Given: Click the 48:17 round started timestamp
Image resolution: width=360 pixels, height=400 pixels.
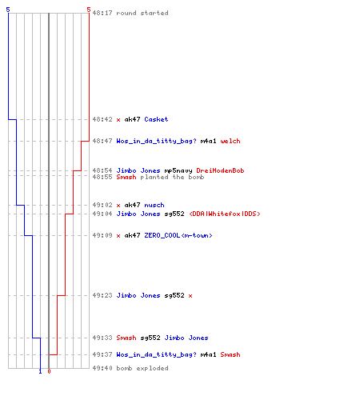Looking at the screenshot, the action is [x=102, y=13].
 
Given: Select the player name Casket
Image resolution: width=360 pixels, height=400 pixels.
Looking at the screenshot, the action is [x=156, y=119].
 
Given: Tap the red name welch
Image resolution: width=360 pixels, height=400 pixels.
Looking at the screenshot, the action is [x=230, y=141].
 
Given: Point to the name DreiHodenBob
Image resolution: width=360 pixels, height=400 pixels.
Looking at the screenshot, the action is [x=220, y=170].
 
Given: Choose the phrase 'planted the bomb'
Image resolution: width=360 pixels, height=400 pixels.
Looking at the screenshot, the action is [x=172, y=177].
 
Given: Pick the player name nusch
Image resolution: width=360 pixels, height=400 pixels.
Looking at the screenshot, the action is [x=154, y=205].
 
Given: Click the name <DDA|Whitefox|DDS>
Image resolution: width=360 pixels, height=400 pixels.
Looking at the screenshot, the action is [x=225, y=214].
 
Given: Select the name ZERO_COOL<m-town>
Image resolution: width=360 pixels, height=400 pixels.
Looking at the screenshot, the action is [x=178, y=235].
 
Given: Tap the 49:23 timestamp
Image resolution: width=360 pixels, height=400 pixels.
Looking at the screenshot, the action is [x=102, y=295].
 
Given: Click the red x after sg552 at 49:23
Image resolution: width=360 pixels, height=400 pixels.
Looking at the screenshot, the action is [x=190, y=296].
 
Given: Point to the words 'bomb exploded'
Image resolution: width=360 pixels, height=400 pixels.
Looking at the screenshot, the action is [x=142, y=368].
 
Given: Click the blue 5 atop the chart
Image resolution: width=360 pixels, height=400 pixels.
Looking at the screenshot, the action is [x=8, y=10].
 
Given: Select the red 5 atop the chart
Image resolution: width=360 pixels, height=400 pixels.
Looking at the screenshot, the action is [x=89, y=10].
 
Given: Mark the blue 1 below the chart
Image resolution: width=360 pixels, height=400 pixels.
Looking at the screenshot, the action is [x=40, y=372].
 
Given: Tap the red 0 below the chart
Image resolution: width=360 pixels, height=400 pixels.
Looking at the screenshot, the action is [x=49, y=371].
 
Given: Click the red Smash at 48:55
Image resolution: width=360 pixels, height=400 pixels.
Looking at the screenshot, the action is [x=126, y=177].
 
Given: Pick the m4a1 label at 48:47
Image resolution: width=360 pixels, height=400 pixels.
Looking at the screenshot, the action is [x=208, y=141].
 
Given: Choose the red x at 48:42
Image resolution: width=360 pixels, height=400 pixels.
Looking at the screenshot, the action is [x=118, y=120].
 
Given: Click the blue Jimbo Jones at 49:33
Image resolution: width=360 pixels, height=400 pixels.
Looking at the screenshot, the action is [x=186, y=338].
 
